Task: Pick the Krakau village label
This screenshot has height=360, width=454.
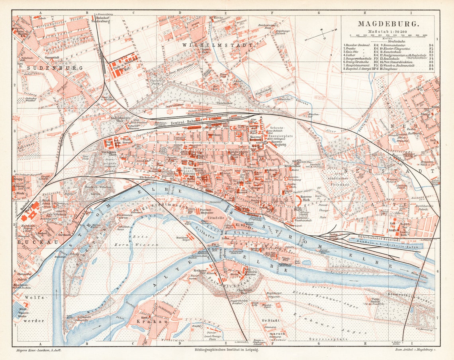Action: pos(148,321)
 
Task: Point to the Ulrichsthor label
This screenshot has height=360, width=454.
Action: pos(224,104)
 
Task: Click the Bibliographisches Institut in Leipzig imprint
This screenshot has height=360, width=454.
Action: pos(226,350)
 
